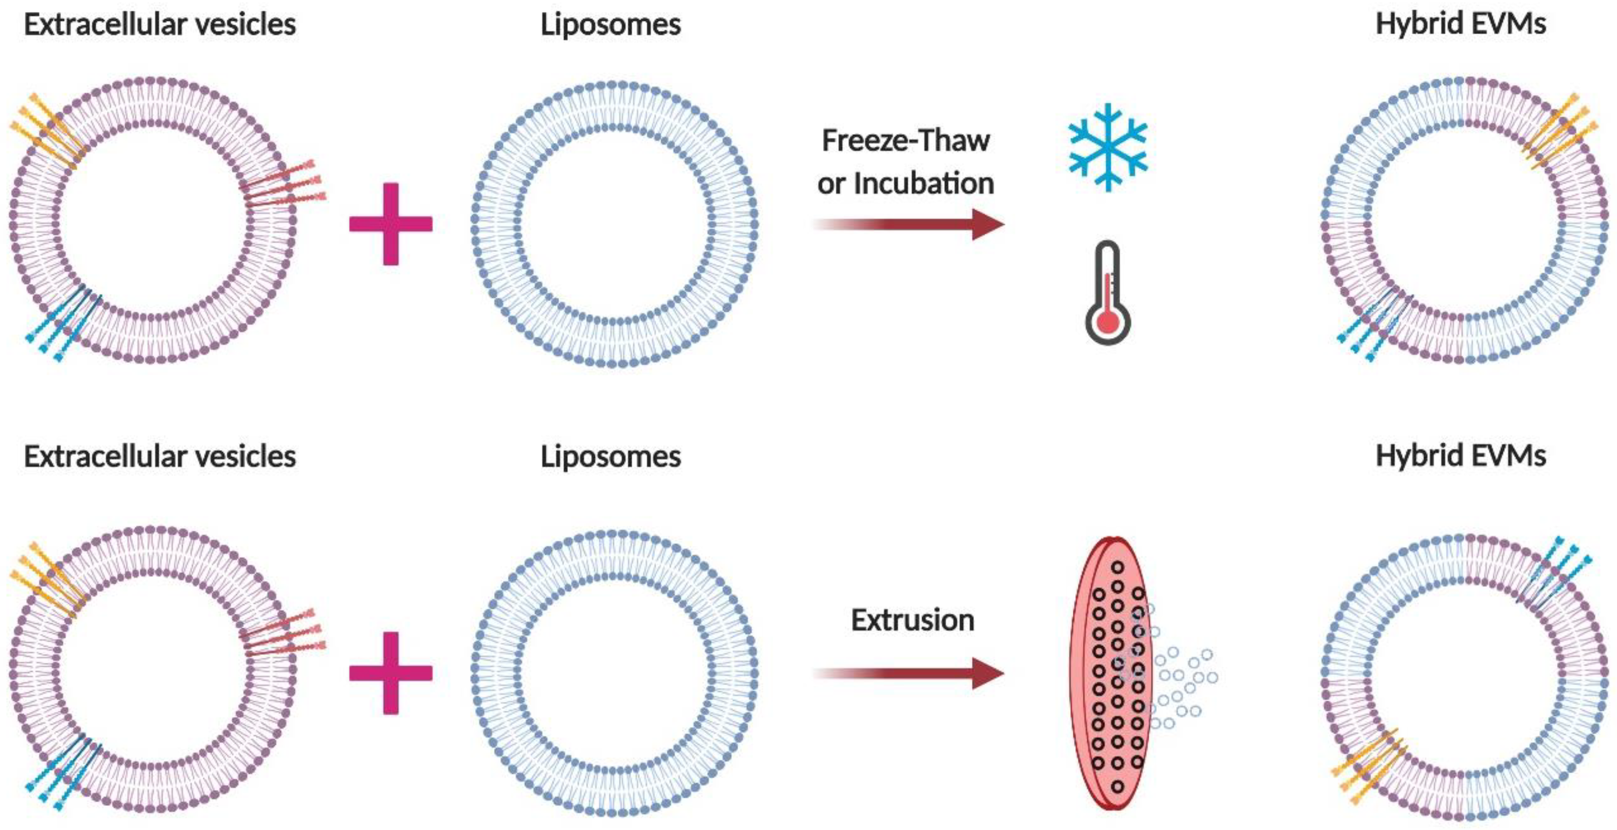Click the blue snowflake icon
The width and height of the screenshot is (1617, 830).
pyautogui.click(x=1108, y=148)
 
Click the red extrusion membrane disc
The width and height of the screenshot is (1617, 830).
pyautogui.click(x=1111, y=673)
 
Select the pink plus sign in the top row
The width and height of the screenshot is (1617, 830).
pyautogui.click(x=390, y=224)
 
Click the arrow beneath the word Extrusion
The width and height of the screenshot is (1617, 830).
pyautogui.click(x=910, y=673)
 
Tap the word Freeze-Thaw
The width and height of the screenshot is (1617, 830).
pyautogui.click(x=905, y=141)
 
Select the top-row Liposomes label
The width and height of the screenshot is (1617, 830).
pyautogui.click(x=610, y=25)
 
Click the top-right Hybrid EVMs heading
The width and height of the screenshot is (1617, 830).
pyautogui.click(x=1460, y=24)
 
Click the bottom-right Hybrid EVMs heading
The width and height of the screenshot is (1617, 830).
pyautogui.click(x=1460, y=456)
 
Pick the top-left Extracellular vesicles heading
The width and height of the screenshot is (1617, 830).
pyautogui.click(x=160, y=25)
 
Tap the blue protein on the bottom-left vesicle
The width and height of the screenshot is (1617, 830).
pyautogui.click(x=63, y=772)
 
